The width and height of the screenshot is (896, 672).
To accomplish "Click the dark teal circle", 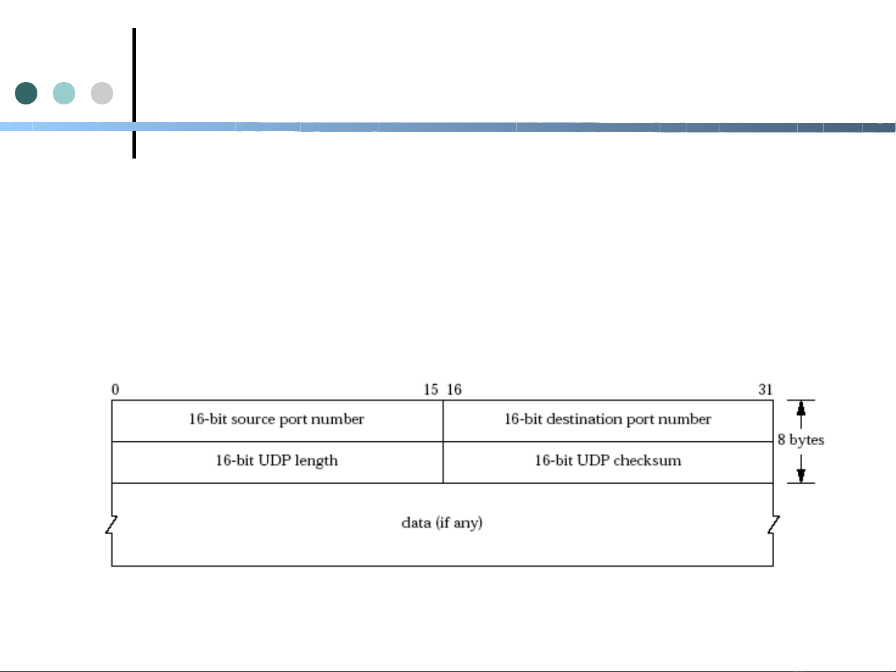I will [26, 93].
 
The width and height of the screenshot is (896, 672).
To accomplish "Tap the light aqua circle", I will [64, 93].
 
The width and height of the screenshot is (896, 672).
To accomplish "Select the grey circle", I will [102, 93].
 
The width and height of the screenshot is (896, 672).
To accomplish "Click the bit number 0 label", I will [115, 390].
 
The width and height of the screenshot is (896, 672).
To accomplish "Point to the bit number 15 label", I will [431, 390].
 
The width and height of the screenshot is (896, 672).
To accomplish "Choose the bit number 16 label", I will [454, 390].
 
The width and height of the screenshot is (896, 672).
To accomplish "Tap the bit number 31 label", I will [765, 390].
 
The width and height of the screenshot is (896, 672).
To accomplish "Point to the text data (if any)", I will [442, 523].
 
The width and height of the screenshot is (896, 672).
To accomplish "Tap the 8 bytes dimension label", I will [801, 440].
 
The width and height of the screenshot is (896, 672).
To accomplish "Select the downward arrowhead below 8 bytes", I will [801, 475].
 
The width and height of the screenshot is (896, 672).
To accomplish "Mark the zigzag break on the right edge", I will [774, 525].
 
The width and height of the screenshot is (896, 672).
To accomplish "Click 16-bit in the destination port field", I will [523, 420].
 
